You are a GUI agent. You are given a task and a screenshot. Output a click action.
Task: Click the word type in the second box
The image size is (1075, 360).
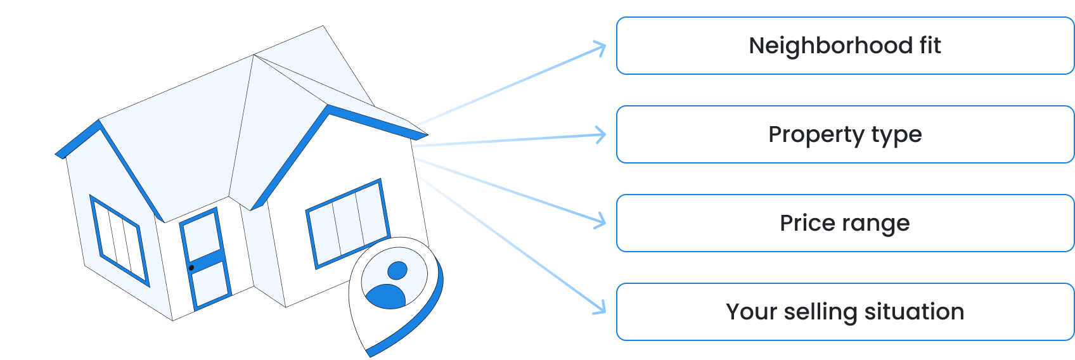(896, 135)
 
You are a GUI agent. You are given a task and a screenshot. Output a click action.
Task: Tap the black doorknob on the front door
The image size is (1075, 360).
(191, 268)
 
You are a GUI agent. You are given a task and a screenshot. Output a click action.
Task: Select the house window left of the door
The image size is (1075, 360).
(119, 240)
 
